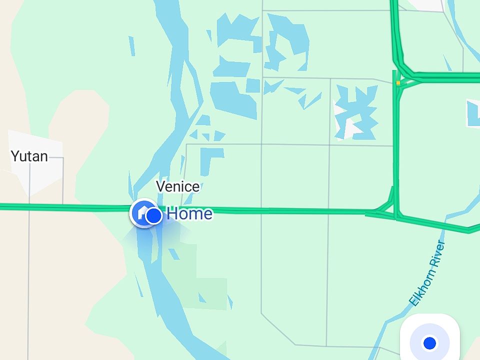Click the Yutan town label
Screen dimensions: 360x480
coord(29,156)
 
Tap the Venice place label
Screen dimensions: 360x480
coord(177,186)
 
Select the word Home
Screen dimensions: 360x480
coord(189,214)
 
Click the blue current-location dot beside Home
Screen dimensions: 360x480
coord(154,216)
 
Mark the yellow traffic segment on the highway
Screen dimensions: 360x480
coord(398,82)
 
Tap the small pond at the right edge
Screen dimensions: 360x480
coord(473,112)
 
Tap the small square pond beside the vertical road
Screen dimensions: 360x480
coord(253,86)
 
